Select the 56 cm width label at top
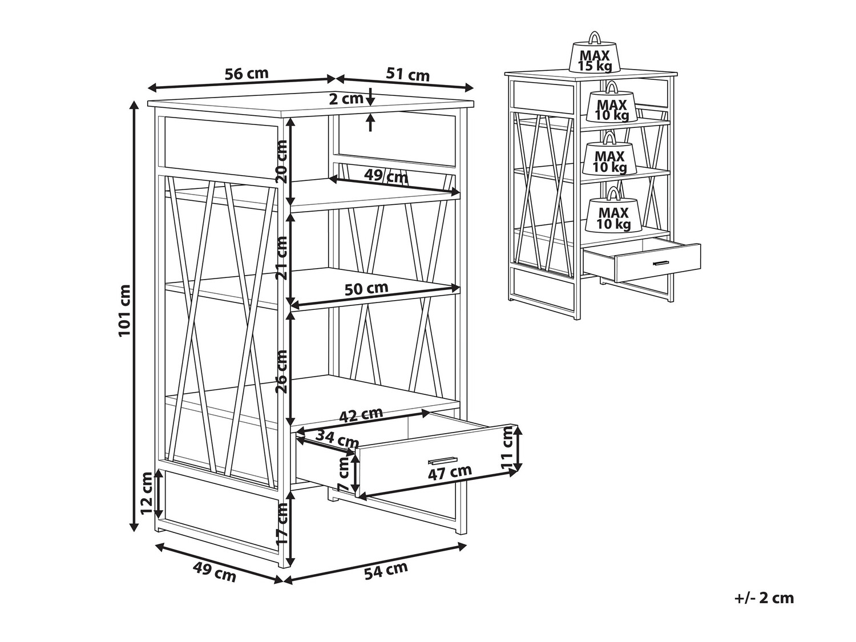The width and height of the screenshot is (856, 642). pyautogui.click(x=247, y=73)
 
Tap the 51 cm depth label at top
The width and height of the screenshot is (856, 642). pyautogui.click(x=407, y=74)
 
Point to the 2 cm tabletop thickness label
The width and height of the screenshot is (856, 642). pyautogui.click(x=346, y=99)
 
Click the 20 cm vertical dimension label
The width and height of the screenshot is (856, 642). pyautogui.click(x=281, y=161)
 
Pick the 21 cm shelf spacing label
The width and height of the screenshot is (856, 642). pyautogui.click(x=281, y=258)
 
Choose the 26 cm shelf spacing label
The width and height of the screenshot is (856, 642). pyautogui.click(x=281, y=372)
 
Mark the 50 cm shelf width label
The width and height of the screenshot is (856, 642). pyautogui.click(x=366, y=288)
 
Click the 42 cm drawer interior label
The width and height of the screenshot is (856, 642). pyautogui.click(x=361, y=415)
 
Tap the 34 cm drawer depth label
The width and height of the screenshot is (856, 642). pyautogui.click(x=337, y=439)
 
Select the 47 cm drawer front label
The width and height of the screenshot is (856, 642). pyautogui.click(x=450, y=473)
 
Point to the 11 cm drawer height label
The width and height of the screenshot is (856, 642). pyautogui.click(x=508, y=448)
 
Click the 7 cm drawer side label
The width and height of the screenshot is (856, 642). pyautogui.click(x=344, y=474)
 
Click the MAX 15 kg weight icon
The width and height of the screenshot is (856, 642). pyautogui.click(x=594, y=53)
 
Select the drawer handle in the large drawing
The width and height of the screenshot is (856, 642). pyautogui.click(x=442, y=461)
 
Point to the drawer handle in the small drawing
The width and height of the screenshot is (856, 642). pyautogui.click(x=661, y=263)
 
